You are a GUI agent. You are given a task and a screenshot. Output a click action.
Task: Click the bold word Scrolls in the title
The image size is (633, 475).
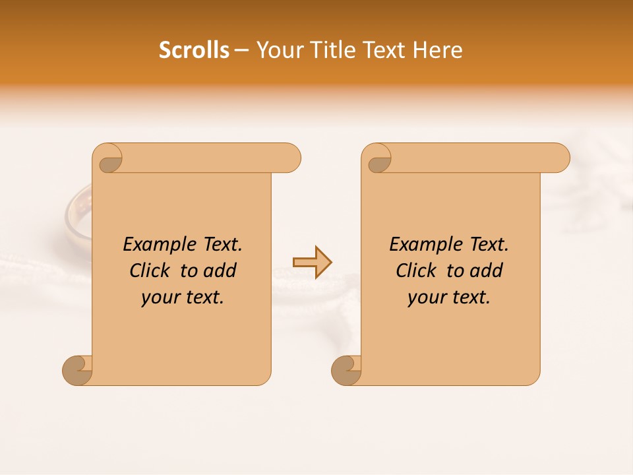(x=194, y=50)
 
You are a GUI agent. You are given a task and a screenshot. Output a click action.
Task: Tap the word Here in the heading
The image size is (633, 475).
(x=437, y=50)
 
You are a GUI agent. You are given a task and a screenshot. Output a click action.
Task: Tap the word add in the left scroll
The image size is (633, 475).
(x=220, y=271)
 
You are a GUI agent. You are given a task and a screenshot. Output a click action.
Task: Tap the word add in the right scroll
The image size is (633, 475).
(x=487, y=271)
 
